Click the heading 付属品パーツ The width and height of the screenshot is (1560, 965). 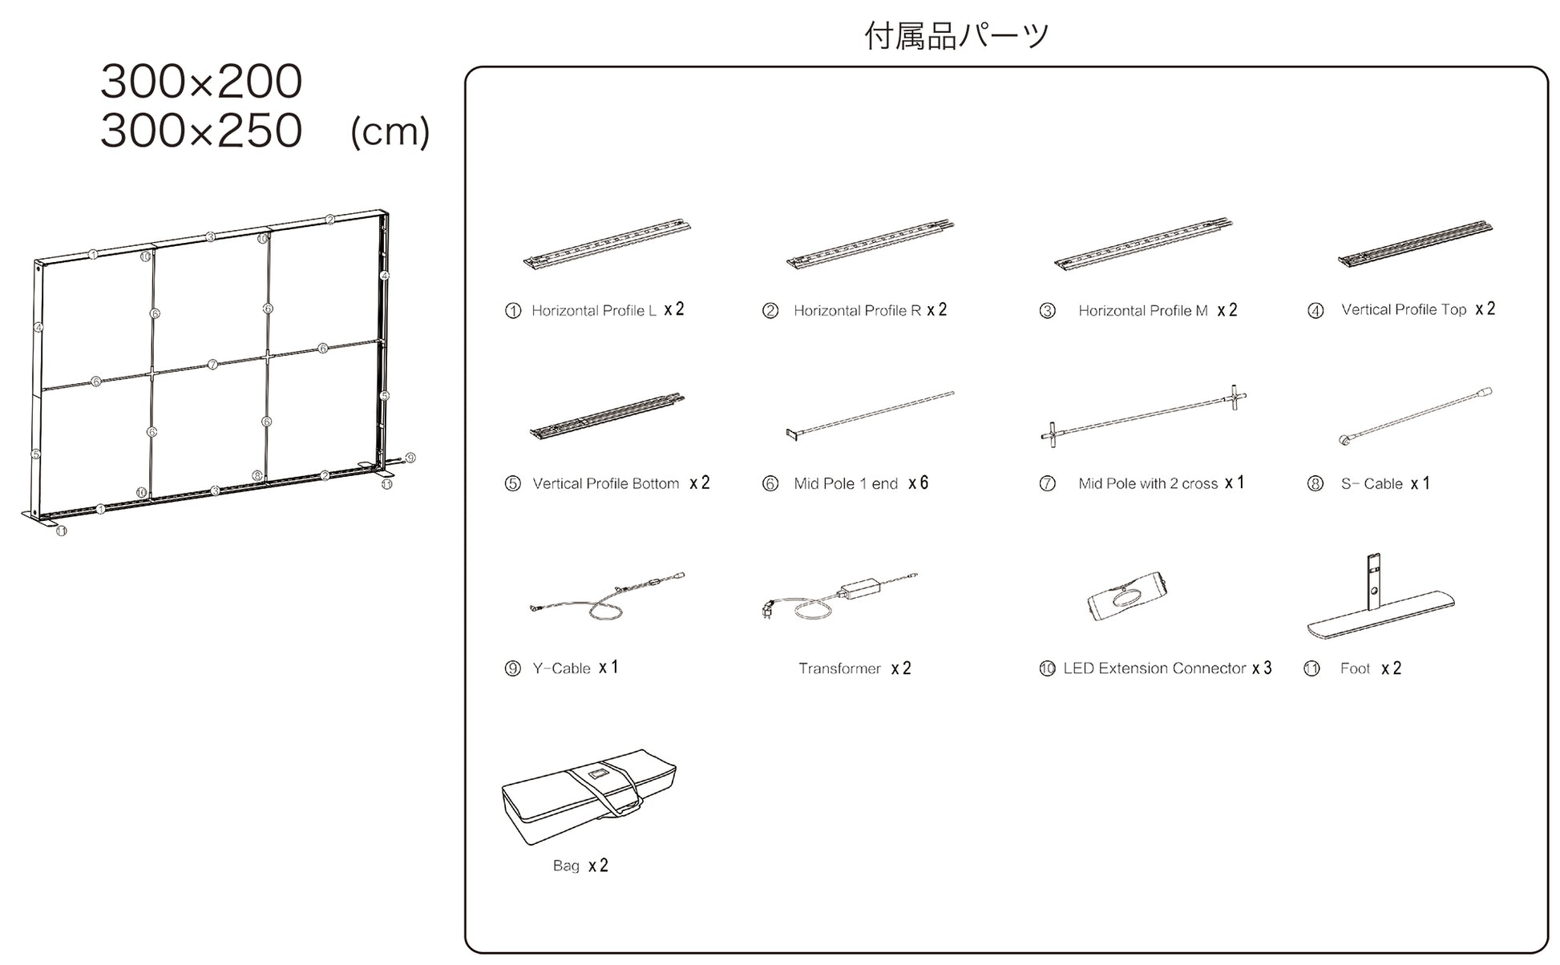[956, 36]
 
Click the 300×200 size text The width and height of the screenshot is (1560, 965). [201, 82]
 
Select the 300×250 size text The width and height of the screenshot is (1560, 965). [201, 131]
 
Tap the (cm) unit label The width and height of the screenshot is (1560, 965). [390, 132]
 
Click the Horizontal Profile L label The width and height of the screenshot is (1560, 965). [593, 311]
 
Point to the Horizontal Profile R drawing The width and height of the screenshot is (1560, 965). [870, 244]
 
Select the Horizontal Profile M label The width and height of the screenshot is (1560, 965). [1142, 311]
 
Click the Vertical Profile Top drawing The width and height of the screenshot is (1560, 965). [1415, 243]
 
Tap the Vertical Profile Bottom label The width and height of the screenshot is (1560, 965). [605, 484]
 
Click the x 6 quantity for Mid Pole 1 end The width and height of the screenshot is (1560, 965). [918, 483]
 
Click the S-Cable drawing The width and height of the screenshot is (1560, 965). [1415, 417]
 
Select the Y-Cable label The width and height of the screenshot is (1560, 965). [561, 668]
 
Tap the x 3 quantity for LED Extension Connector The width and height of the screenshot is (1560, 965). [1262, 668]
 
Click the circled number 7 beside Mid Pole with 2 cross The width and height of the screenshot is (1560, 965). [1047, 484]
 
